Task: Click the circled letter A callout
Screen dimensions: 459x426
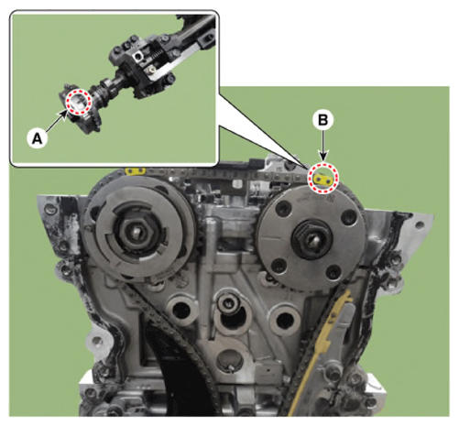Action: [37, 138]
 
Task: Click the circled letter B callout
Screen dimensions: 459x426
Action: [323, 120]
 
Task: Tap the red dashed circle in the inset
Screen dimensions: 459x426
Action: [79, 102]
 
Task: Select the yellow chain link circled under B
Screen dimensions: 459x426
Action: [323, 180]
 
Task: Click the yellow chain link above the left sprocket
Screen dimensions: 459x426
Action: [135, 171]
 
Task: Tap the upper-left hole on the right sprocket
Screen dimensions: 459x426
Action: [283, 209]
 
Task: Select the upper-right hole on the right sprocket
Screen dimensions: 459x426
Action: [348, 217]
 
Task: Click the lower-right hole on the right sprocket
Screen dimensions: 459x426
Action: [333, 273]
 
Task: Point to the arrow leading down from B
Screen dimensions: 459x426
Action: [323, 146]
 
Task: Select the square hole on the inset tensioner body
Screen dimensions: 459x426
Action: [138, 56]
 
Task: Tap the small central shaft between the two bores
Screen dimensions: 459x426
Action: [227, 303]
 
